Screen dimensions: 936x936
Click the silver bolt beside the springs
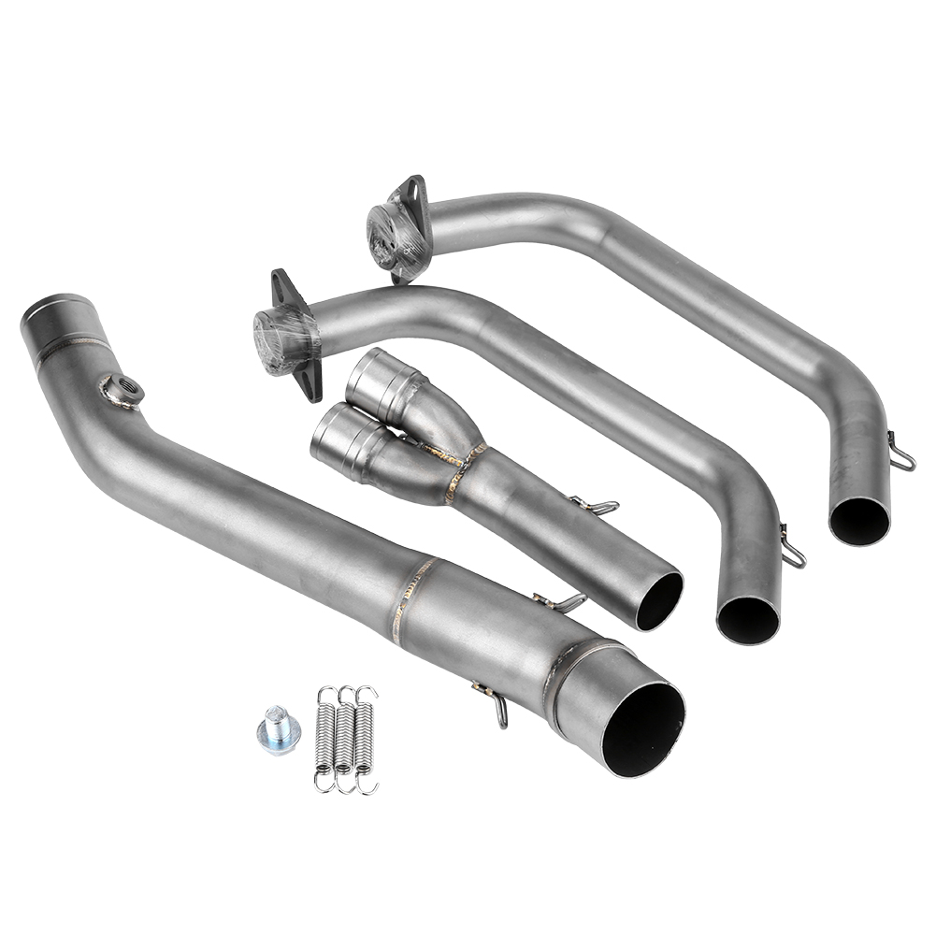(x=278, y=730)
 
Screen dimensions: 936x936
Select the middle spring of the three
(x=344, y=739)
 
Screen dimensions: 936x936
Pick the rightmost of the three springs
(x=365, y=739)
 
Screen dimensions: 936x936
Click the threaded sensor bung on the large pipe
(x=123, y=390)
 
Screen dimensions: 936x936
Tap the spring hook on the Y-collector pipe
(x=598, y=506)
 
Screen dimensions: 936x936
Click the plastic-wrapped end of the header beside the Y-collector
(x=274, y=342)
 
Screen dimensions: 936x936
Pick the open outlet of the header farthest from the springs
(x=859, y=521)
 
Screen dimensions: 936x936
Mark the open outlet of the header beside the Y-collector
(x=748, y=619)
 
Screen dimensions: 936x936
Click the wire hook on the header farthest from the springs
(x=901, y=454)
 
